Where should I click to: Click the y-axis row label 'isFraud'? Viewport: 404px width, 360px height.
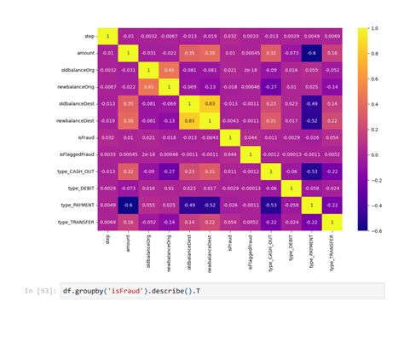[81, 137]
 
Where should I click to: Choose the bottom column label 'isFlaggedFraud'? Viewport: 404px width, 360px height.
[250, 247]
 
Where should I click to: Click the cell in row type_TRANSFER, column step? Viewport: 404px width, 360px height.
[107, 222]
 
